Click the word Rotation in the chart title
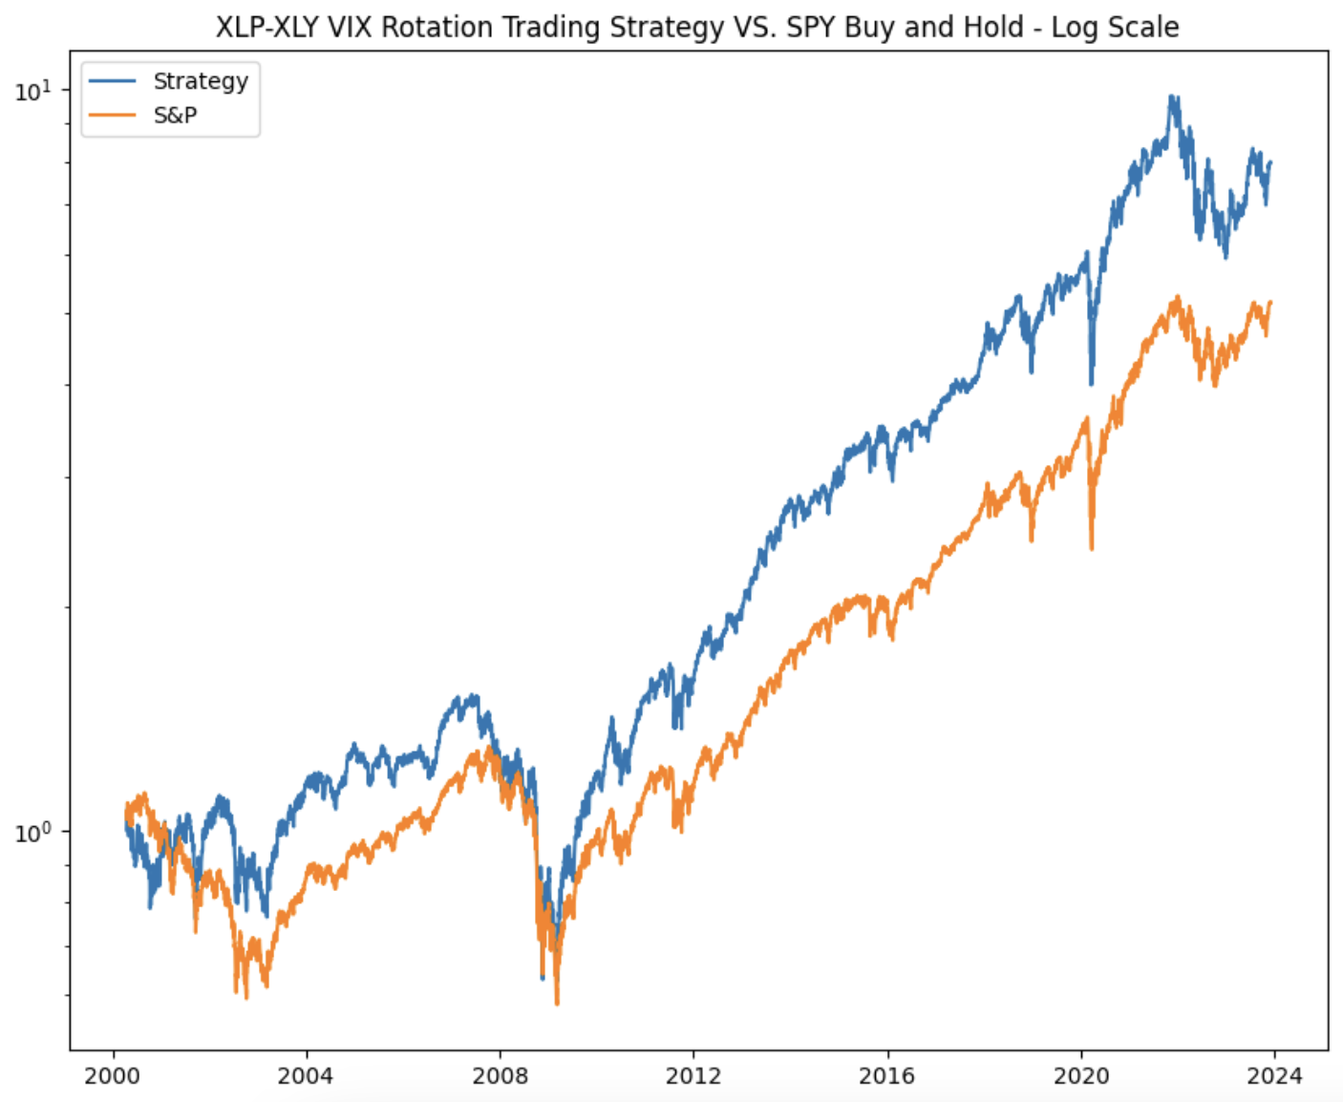click(x=437, y=27)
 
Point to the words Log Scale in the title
click(x=1115, y=27)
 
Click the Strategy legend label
click(x=201, y=81)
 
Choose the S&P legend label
click(x=175, y=116)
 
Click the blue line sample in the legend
click(x=113, y=82)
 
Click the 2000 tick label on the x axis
click(x=113, y=1076)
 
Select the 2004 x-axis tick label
click(x=306, y=1076)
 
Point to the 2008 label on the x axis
click(x=500, y=1076)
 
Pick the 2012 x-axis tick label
click(x=693, y=1076)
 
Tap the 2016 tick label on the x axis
click(x=887, y=1076)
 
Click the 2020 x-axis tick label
click(x=1081, y=1076)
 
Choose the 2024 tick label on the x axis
click(x=1274, y=1076)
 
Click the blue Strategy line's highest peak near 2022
click(x=1172, y=96)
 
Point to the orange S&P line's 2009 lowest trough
click(x=557, y=1003)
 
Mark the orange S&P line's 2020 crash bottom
click(x=1092, y=548)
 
